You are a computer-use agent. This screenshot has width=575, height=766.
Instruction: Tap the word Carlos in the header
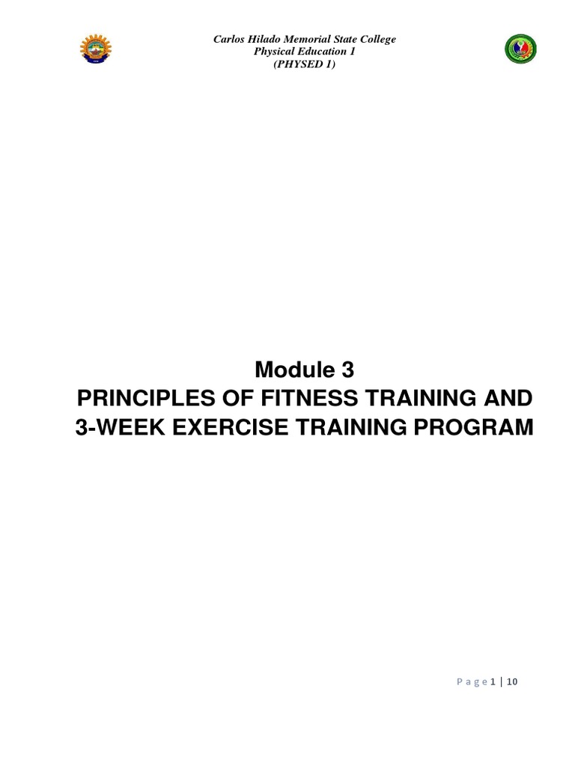click(x=229, y=40)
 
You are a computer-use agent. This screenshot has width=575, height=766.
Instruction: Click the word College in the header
click(x=380, y=40)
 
